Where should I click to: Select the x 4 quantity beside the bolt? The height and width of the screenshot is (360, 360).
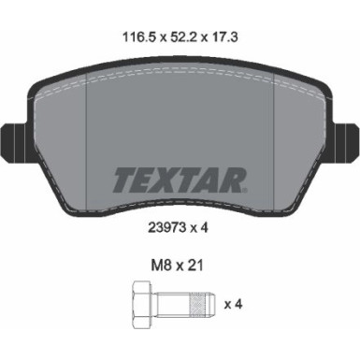click(235, 305)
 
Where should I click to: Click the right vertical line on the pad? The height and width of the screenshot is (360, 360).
click(273, 140)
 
